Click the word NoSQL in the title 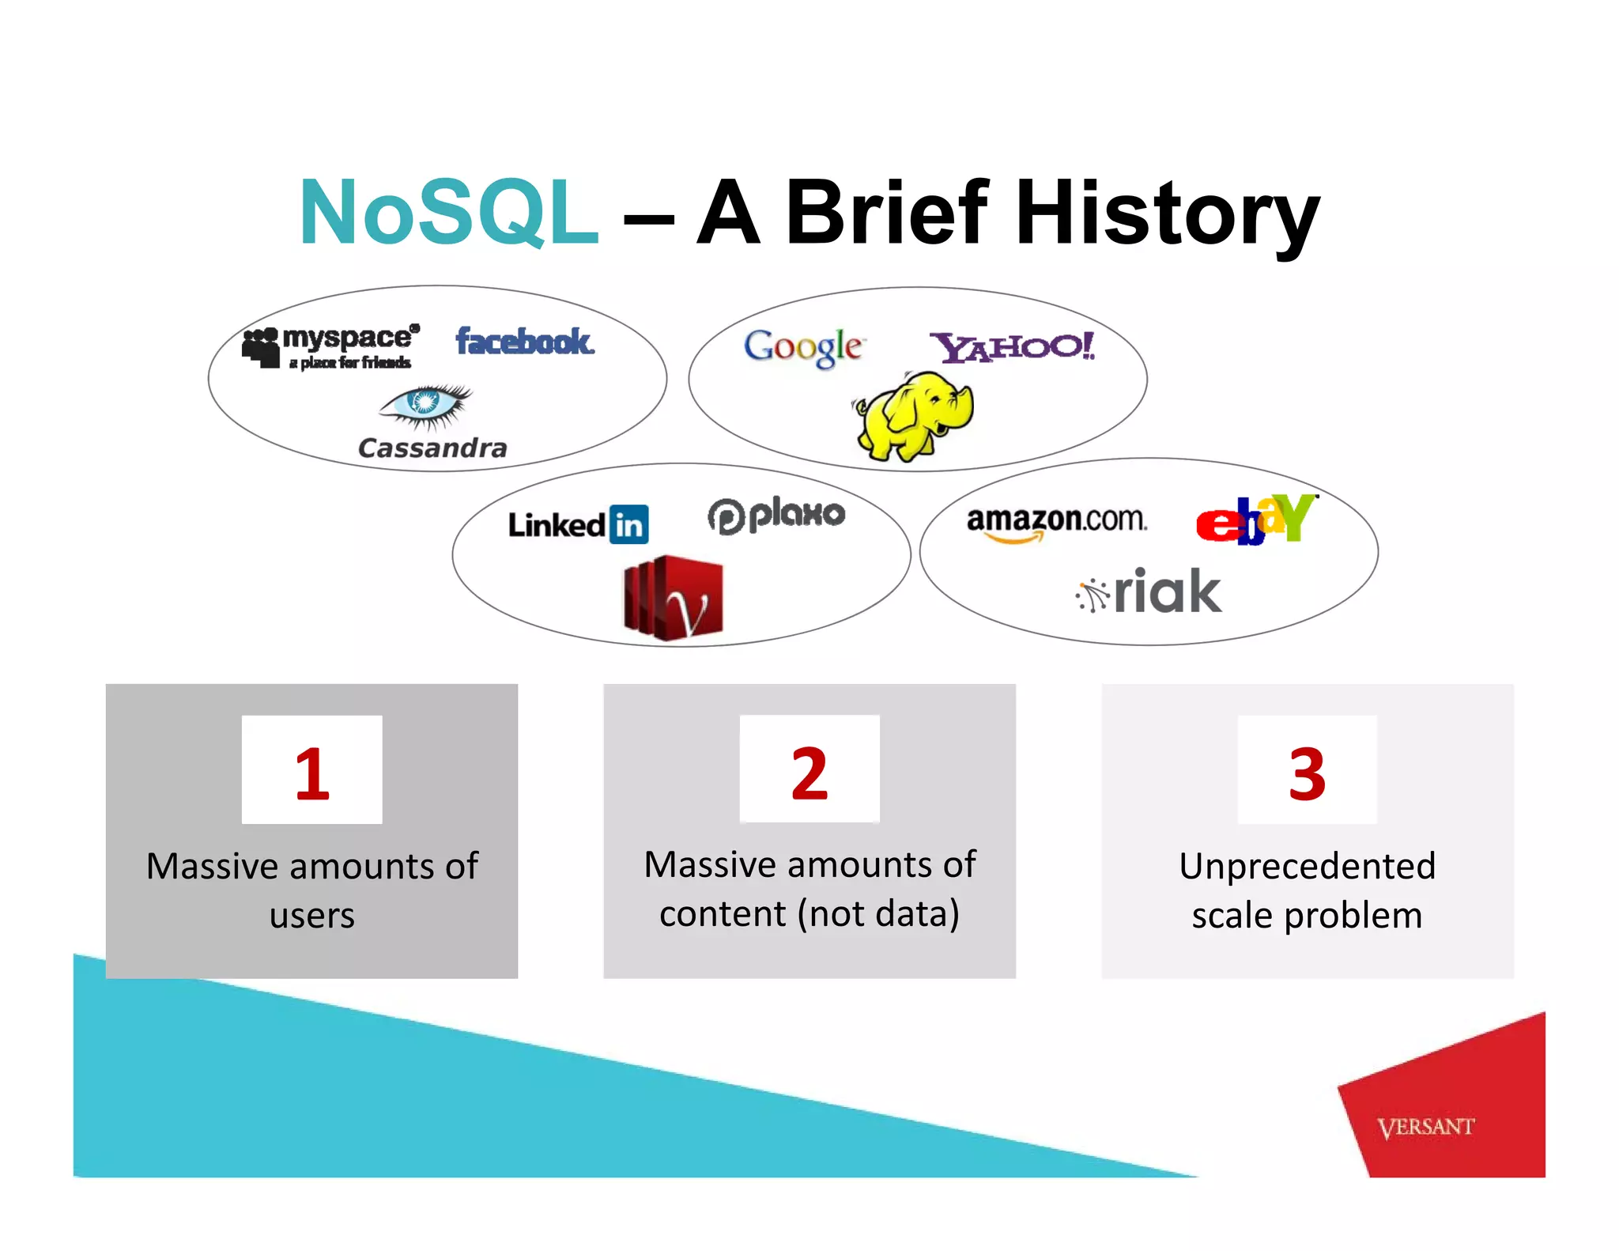point(447,212)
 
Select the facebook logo point(524,342)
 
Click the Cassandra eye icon point(426,404)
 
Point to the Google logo point(803,347)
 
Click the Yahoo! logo point(1013,347)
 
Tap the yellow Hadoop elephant point(915,416)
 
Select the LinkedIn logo point(578,525)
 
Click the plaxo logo point(776,516)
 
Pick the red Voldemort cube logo point(674,598)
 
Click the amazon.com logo point(1056,522)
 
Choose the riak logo point(1149,592)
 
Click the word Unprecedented point(1307,866)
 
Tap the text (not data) point(878,914)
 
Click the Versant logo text point(1425,1127)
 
